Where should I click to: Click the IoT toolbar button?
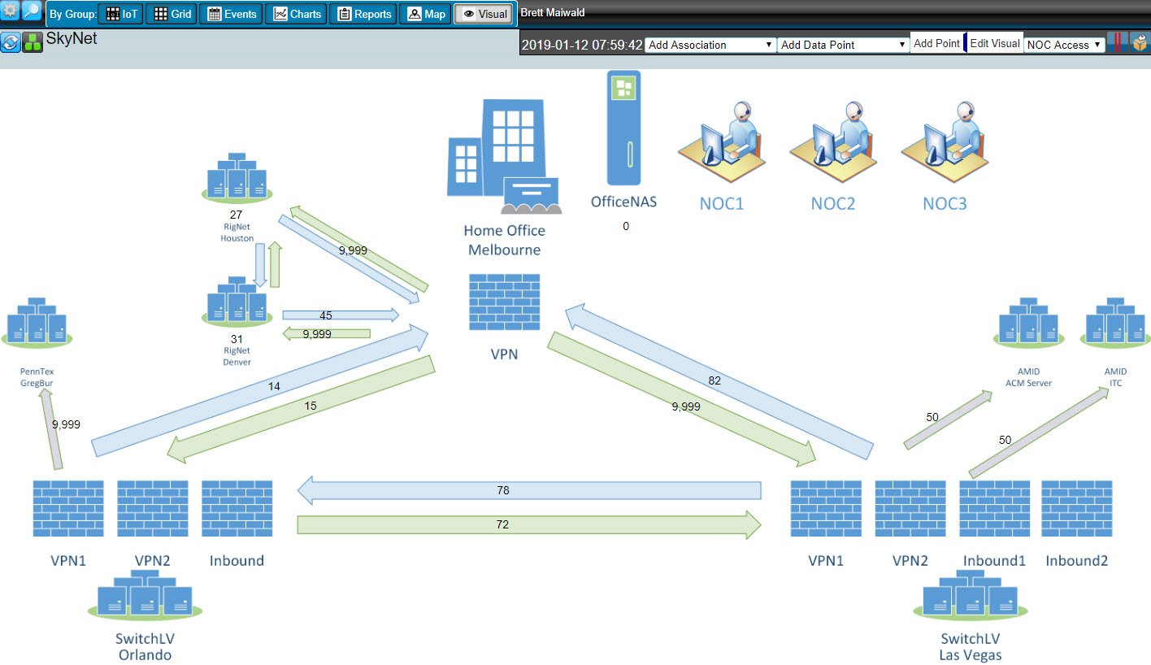tap(121, 14)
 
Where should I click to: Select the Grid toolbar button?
tap(172, 14)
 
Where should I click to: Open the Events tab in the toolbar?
tap(232, 14)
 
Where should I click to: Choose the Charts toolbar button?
tap(297, 14)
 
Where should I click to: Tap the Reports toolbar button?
tap(363, 14)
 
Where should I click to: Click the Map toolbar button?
tap(425, 14)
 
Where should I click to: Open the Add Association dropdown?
tap(710, 45)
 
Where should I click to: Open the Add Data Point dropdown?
tap(843, 45)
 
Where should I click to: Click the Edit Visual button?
tap(994, 44)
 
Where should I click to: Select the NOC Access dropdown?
tap(1064, 45)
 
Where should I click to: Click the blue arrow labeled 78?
tap(528, 490)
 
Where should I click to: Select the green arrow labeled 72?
tap(528, 524)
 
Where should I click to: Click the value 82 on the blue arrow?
tap(714, 379)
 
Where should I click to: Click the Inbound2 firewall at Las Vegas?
tap(1076, 508)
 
